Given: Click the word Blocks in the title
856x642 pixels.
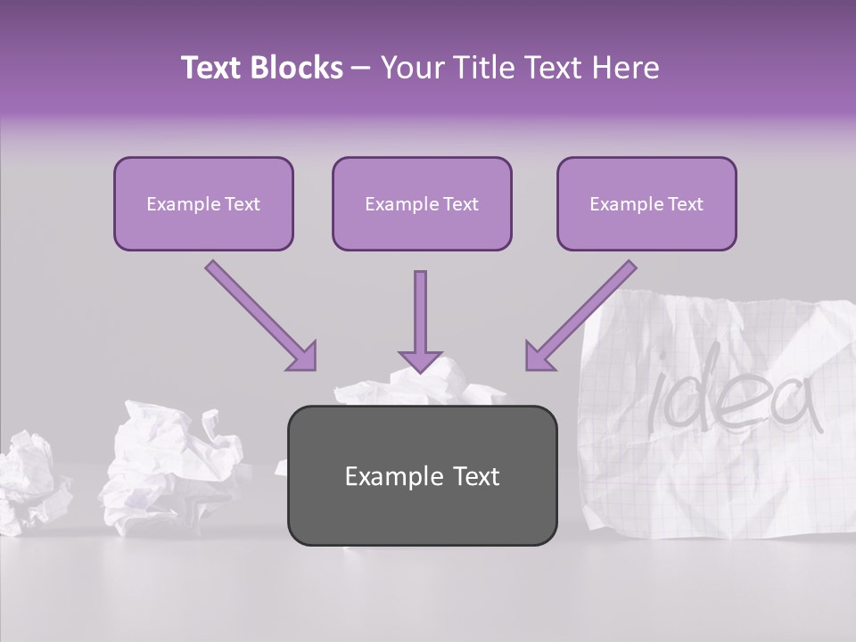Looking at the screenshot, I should tap(297, 68).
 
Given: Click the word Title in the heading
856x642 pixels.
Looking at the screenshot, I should tap(479, 68).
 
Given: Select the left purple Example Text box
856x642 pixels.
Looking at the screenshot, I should tap(203, 204).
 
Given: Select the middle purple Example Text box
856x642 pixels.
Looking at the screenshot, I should tap(422, 204).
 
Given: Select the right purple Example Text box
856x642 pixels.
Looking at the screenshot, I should tap(646, 204).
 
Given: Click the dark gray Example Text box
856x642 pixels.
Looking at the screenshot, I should tap(422, 475).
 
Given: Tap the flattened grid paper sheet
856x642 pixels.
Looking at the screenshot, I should tap(713, 464).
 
